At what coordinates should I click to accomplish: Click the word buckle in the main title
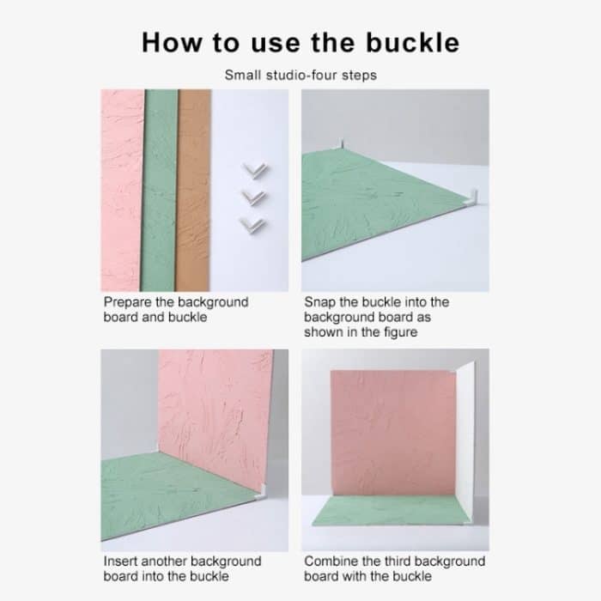(x=412, y=42)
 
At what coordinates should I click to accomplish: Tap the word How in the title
(x=172, y=42)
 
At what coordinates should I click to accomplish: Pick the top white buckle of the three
(x=254, y=170)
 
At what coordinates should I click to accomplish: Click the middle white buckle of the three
(x=254, y=197)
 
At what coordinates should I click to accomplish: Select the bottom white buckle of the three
(x=252, y=225)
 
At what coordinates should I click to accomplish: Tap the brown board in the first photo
(x=193, y=190)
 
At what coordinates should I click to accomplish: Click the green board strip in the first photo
(x=160, y=190)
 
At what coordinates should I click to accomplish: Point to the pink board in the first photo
(x=122, y=190)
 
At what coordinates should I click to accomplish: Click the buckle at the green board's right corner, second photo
(x=472, y=197)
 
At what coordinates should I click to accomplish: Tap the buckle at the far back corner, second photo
(x=342, y=145)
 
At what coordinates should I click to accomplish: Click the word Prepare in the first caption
(x=128, y=302)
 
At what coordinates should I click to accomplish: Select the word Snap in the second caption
(x=319, y=302)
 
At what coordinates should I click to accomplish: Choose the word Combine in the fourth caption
(x=331, y=562)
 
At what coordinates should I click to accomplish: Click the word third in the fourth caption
(x=398, y=562)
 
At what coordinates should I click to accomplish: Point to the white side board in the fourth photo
(x=465, y=440)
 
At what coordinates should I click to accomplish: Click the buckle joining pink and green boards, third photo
(x=261, y=492)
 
